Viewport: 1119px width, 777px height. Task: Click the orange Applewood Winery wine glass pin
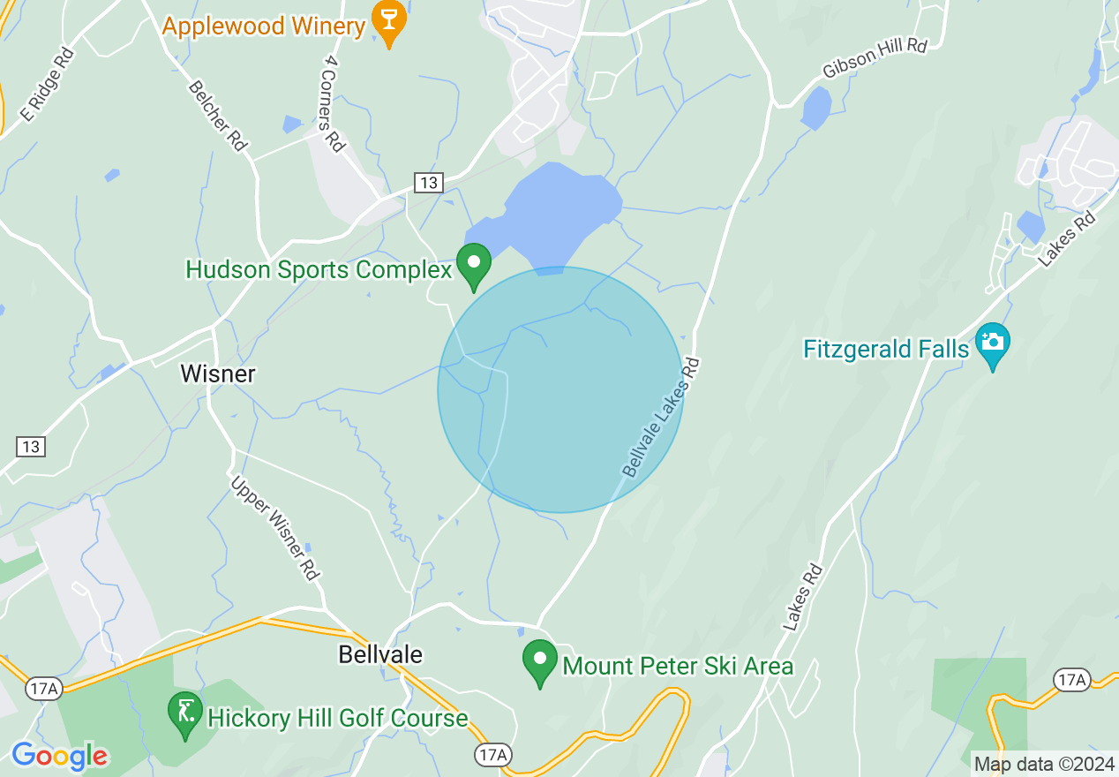click(x=388, y=20)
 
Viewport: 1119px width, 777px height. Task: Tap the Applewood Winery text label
click(x=263, y=26)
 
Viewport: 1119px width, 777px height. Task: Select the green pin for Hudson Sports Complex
click(x=474, y=264)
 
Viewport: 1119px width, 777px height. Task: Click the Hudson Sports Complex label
click(x=319, y=269)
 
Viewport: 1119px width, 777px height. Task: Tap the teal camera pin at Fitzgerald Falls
click(x=993, y=343)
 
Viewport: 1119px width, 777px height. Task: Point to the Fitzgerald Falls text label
click(x=886, y=350)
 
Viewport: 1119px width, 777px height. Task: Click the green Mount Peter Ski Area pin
click(x=540, y=661)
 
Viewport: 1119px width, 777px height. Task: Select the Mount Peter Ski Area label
click(x=678, y=666)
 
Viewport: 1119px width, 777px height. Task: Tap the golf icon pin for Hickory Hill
click(x=185, y=713)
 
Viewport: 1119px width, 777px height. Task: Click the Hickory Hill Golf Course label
click(x=337, y=718)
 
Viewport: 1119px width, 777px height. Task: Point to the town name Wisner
click(x=218, y=373)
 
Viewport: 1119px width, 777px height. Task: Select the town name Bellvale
click(x=380, y=654)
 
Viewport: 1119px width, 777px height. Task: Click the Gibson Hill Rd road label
click(x=875, y=57)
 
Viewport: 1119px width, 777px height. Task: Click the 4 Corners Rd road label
click(x=332, y=102)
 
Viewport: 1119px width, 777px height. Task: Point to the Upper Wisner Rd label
click(x=274, y=528)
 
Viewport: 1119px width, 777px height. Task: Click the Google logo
click(x=59, y=756)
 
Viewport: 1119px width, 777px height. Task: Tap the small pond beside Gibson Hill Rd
click(x=816, y=108)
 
